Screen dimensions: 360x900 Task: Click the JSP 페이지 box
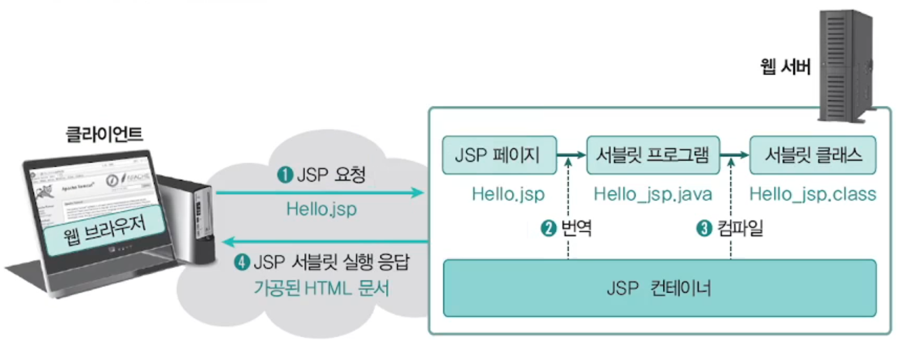[x=499, y=155]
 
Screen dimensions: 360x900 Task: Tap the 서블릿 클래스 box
[x=813, y=155]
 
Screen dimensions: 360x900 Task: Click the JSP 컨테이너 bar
[x=659, y=287]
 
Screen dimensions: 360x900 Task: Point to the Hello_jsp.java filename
[x=653, y=194]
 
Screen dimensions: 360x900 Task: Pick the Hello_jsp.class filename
[x=813, y=194]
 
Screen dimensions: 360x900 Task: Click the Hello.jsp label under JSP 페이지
[x=507, y=194]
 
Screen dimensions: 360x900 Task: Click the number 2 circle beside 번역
[x=548, y=229]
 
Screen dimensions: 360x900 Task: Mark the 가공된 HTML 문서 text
[x=321, y=288]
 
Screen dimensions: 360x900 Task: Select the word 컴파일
[x=739, y=229]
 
